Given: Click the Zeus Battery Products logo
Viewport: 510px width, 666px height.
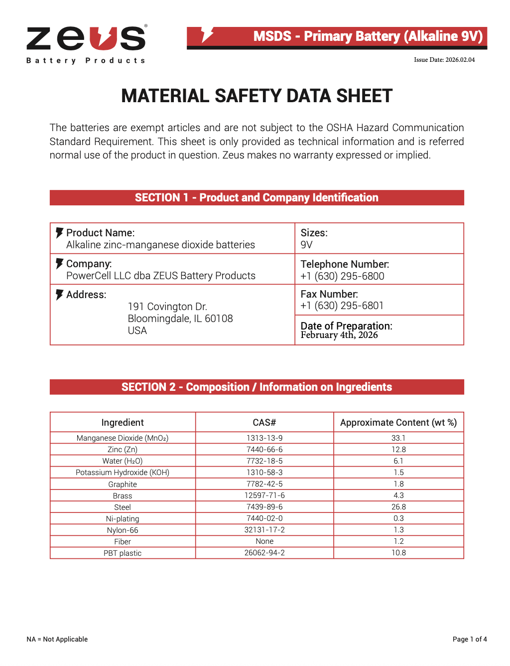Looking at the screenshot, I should coord(86,44).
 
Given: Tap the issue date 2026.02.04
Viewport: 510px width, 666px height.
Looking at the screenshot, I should coord(444,60).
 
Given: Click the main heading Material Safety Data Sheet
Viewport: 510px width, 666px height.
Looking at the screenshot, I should coord(256,96).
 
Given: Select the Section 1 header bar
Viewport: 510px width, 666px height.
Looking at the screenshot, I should coord(256,197).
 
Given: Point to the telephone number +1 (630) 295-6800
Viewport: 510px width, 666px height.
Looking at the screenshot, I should coord(342,276).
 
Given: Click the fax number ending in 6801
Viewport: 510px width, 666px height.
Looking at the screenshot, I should coord(342,306).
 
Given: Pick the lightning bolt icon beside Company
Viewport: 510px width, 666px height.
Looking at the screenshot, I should coord(59,264).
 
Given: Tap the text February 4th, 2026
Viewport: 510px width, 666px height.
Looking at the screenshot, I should coord(339,335).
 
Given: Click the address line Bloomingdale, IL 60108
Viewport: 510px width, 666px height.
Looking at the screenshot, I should coord(180,319).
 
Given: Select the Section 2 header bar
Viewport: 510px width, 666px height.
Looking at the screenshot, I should coord(256,387).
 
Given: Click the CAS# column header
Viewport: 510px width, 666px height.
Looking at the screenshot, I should coord(264,423).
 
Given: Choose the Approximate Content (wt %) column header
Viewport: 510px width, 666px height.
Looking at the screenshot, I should coord(398,423).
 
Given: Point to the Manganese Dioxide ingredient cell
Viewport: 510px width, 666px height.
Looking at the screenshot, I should coord(123,438).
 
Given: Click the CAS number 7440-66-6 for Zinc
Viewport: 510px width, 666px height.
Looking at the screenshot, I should coord(264,450).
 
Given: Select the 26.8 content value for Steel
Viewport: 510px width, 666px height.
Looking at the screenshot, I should coord(398,507).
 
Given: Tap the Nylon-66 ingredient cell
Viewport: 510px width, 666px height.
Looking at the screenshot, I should coord(123,530).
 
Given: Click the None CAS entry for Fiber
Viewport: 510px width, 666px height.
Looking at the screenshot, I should coord(264,541).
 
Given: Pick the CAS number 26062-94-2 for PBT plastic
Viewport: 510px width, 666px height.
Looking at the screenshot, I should coord(264,553).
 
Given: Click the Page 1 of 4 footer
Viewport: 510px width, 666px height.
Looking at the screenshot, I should coord(469,639).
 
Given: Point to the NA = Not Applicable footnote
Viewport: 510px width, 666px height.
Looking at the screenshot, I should coord(57,639).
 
